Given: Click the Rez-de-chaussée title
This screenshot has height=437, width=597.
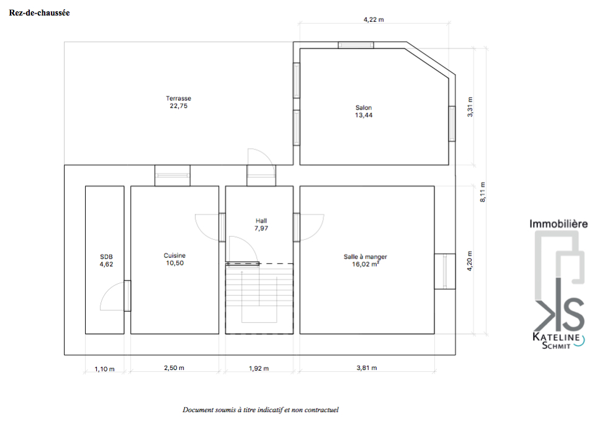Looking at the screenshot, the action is (x=39, y=12).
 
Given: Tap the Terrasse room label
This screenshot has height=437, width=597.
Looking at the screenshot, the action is (x=179, y=102).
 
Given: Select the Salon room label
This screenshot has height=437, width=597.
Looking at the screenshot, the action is (x=364, y=112).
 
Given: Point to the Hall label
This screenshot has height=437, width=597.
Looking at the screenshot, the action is (x=261, y=224).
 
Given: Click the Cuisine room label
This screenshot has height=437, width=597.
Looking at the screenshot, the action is (x=175, y=259).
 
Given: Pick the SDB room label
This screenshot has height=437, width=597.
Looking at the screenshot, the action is (x=106, y=260).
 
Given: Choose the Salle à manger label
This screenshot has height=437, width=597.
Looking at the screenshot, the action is (x=365, y=260).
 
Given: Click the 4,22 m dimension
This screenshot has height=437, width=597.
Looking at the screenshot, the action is (x=374, y=19).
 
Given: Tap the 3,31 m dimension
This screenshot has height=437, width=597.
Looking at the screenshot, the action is (x=470, y=107).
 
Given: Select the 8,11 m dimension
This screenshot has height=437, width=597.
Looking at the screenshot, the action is (x=482, y=192).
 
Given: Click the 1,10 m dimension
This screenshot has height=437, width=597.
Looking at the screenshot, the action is (x=104, y=369).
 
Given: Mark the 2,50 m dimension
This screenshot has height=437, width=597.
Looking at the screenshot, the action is (x=174, y=368).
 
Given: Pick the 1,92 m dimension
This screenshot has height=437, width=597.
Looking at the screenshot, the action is (x=259, y=368).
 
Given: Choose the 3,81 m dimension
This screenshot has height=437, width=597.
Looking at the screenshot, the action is (x=367, y=368).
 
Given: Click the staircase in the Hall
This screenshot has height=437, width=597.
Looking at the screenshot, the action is (x=259, y=299).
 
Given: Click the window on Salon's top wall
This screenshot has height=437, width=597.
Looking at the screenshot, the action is (x=356, y=45).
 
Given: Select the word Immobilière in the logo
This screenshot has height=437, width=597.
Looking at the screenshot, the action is (x=559, y=224).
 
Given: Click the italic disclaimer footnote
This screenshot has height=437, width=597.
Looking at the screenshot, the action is (x=261, y=410).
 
